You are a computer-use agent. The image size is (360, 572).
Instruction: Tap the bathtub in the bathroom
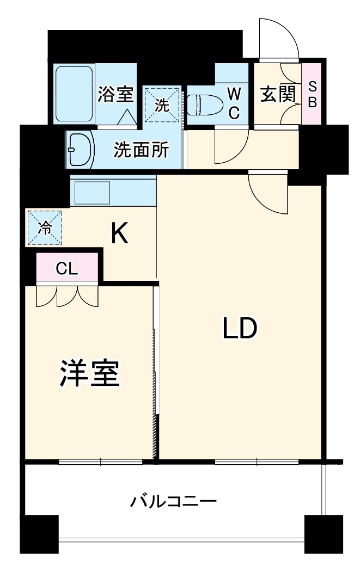click(x=75, y=94)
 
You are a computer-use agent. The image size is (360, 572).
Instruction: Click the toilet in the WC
click(x=203, y=104)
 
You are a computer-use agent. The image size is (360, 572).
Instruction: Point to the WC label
click(x=233, y=103)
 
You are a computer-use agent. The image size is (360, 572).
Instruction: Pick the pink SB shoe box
click(x=312, y=94)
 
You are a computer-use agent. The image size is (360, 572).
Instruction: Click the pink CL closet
click(x=67, y=268)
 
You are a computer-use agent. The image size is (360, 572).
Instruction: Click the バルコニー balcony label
click(x=173, y=500)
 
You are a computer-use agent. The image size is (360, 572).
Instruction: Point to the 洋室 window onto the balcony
click(x=100, y=462)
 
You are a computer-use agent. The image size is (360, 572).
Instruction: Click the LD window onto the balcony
click(x=256, y=462)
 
